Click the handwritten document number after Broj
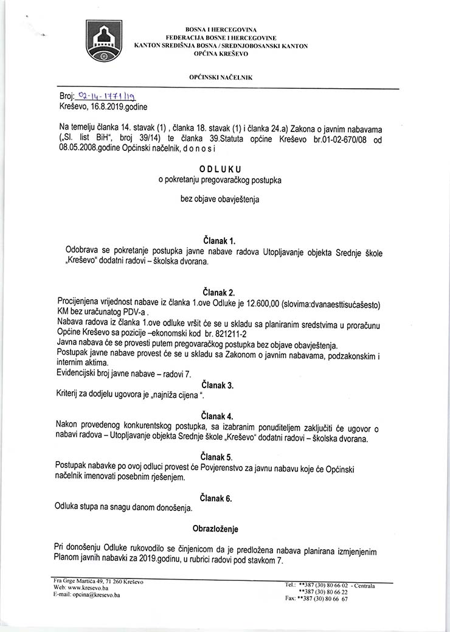(x=104, y=96)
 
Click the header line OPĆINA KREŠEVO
(x=221, y=54)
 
